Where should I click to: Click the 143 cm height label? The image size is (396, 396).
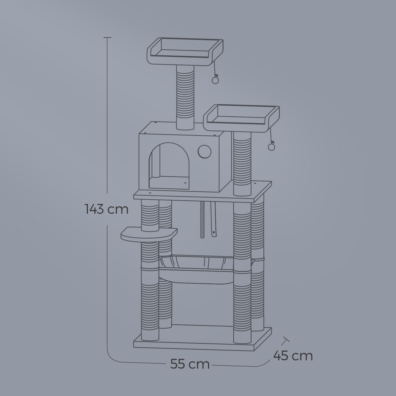point(107,209)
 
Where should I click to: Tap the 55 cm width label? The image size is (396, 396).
point(190,364)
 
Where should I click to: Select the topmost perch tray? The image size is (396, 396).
point(185,51)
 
